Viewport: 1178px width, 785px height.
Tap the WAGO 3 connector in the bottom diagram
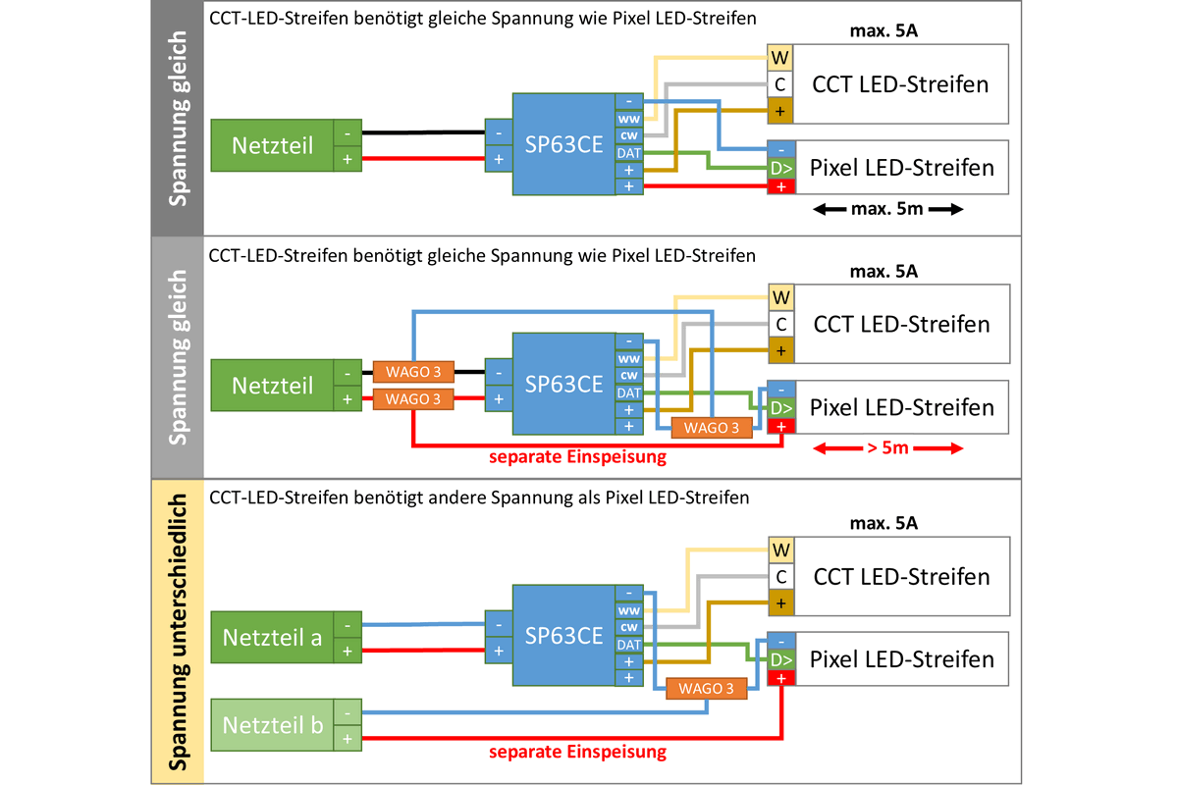706,688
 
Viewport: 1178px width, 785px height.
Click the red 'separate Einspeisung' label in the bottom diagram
577,752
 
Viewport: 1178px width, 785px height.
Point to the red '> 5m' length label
887,448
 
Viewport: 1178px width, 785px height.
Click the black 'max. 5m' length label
887,209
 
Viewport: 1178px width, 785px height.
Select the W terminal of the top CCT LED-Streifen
779,57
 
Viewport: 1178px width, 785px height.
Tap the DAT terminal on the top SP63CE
629,153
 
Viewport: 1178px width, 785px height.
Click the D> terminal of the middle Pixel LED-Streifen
781,408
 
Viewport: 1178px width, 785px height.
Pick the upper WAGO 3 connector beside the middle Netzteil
413,372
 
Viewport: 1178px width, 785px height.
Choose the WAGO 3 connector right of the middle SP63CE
712,428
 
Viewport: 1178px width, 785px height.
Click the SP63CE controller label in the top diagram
563,144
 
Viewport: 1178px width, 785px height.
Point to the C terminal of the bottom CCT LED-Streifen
781,577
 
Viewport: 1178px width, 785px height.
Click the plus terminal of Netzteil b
348,739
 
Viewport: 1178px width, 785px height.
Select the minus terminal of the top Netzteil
348,133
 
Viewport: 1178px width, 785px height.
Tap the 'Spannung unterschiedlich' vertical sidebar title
178,632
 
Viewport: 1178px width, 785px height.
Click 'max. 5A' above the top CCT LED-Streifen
883,31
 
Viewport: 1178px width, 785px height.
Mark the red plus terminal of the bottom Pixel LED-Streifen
781,678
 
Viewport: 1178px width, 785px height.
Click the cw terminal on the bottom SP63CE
629,627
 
